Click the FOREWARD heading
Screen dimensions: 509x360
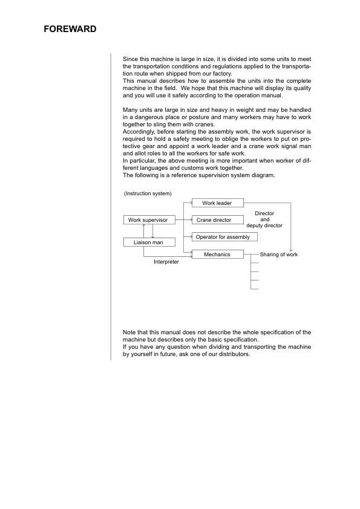tap(70, 29)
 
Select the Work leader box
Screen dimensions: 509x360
tap(217, 203)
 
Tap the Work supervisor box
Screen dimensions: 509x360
tap(148, 220)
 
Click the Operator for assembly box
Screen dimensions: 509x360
tap(223, 237)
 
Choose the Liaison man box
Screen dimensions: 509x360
tap(148, 242)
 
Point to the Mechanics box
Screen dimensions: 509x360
tap(217, 254)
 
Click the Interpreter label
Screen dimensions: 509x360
tap(166, 262)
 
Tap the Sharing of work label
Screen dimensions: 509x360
tap(279, 255)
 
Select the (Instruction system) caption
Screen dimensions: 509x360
tap(148, 193)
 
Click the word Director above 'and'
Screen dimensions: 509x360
tap(264, 213)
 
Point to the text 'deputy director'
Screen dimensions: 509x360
tap(264, 225)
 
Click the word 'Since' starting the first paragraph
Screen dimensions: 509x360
tap(130, 59)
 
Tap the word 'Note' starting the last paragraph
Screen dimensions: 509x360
tap(129, 332)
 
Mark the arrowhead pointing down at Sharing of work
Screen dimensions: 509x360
tap(292, 248)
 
